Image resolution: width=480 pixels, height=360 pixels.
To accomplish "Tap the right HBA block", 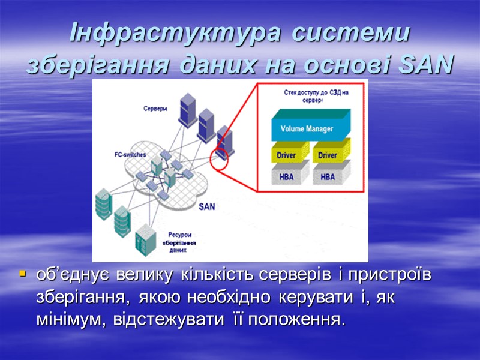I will (x=328, y=176).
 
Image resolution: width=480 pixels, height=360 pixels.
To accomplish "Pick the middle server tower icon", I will (x=206, y=122).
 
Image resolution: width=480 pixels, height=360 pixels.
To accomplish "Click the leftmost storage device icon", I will (x=103, y=204).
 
